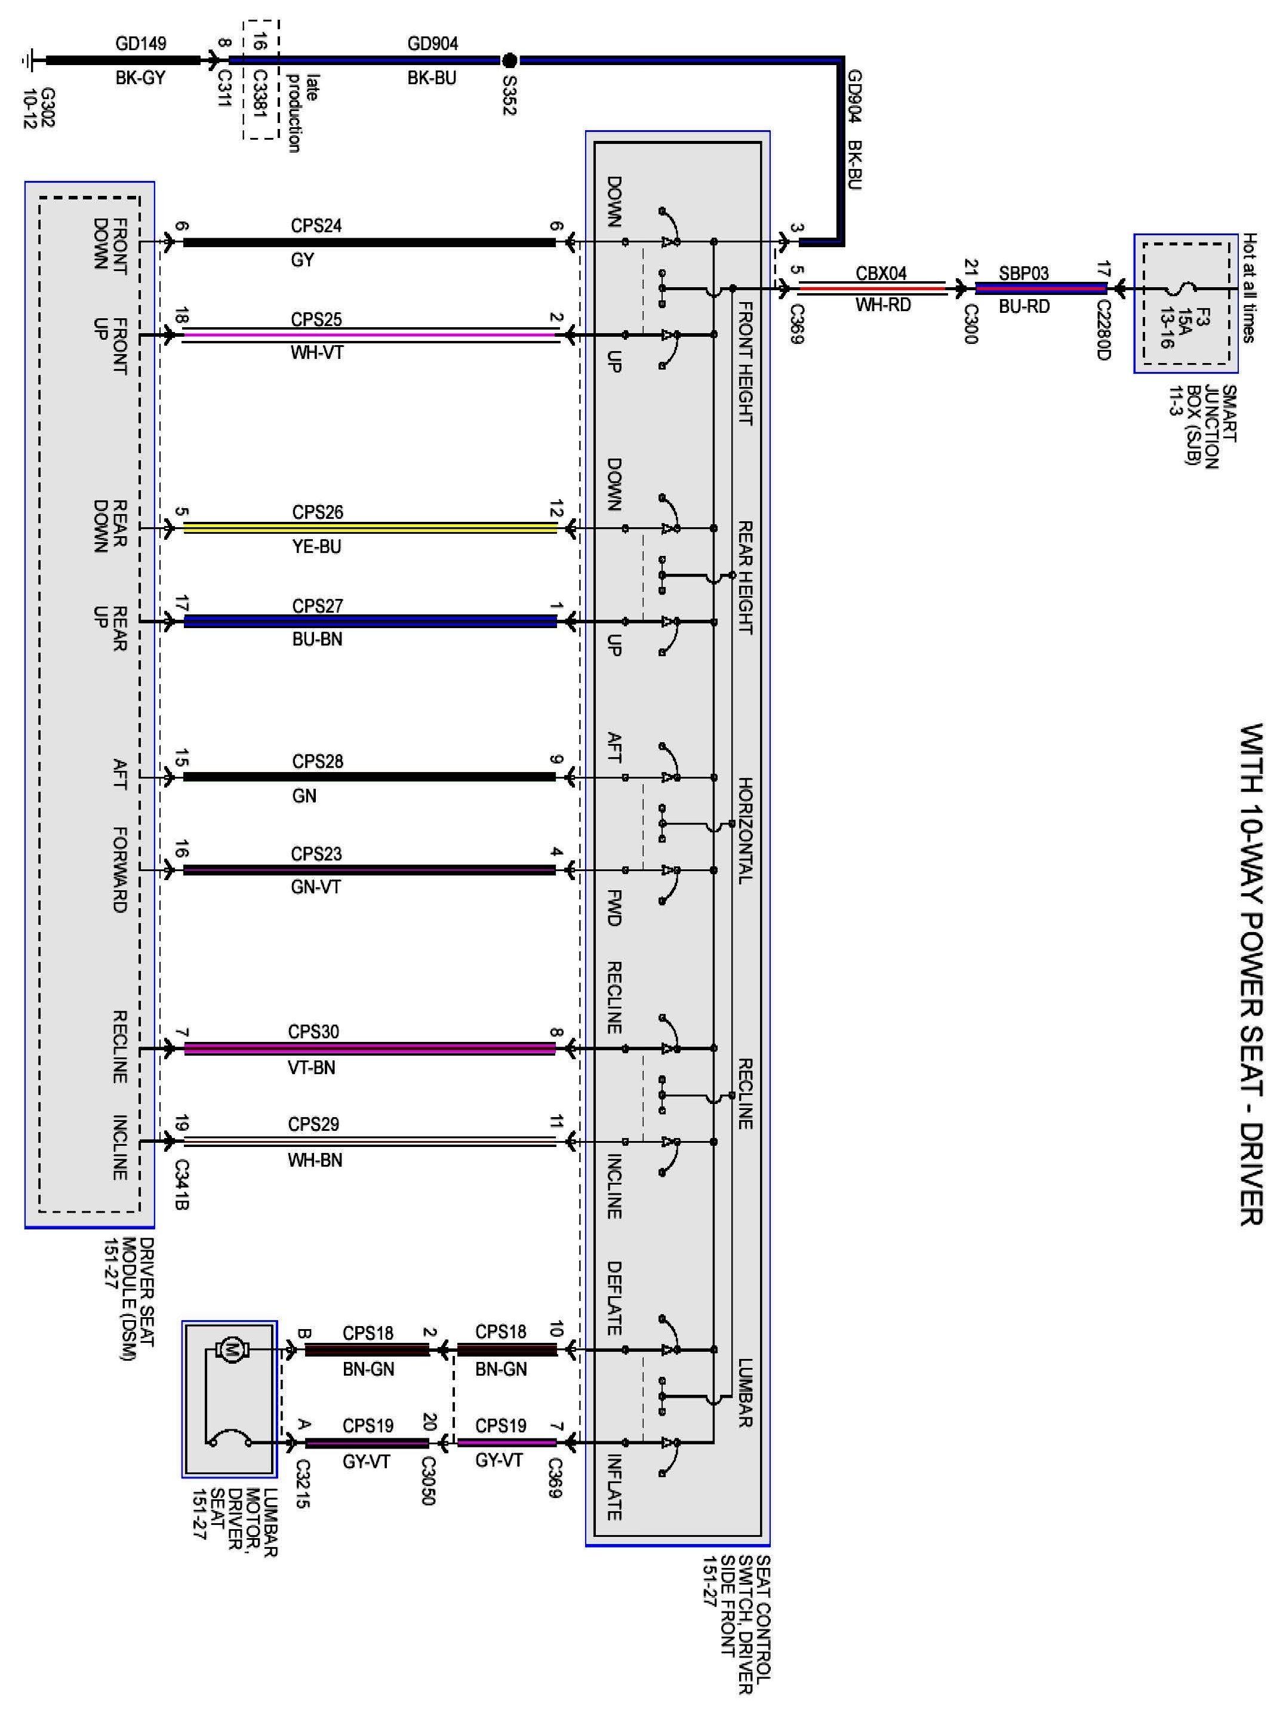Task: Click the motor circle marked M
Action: [230, 1351]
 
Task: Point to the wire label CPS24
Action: [316, 226]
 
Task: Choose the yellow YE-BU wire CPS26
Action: [370, 528]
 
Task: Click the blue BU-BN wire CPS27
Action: [370, 622]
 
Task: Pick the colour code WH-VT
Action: [316, 353]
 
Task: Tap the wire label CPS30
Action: [313, 1032]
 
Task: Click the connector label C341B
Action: [181, 1185]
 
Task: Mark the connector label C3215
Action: [303, 1485]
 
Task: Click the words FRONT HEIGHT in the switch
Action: [744, 363]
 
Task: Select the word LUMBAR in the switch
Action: [744, 1394]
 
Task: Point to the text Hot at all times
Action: [1250, 288]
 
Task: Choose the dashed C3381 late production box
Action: [261, 80]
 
